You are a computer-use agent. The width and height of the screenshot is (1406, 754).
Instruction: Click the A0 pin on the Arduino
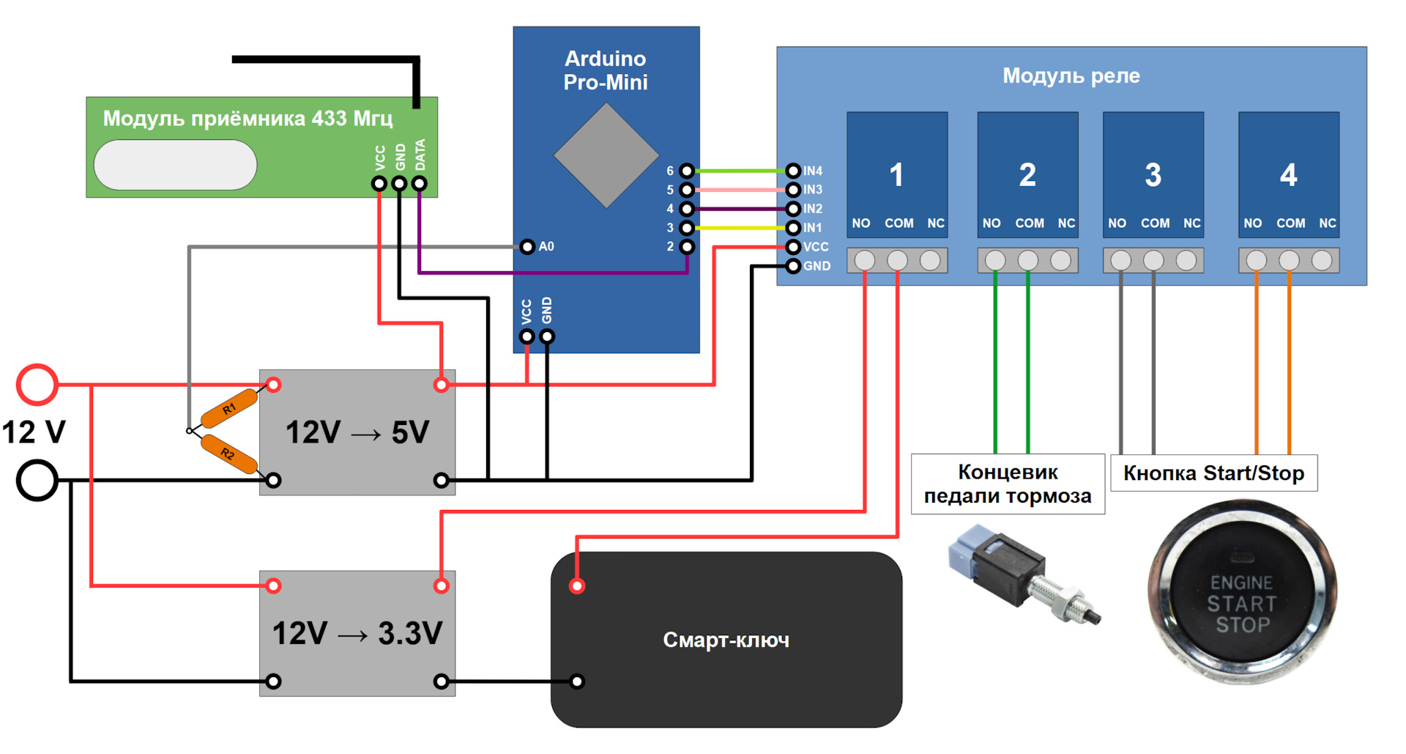pos(527,247)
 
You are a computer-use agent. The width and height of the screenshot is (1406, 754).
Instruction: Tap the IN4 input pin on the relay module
pos(793,171)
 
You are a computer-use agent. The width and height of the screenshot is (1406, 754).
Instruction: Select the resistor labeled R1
pos(229,408)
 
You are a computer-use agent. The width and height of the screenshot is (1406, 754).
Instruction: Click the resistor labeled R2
pos(228,454)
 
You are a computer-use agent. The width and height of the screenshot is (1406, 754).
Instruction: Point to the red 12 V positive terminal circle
pos(37,384)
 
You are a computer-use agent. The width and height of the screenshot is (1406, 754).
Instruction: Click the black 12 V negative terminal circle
pos(37,481)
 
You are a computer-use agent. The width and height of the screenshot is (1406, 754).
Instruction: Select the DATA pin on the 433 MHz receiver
pos(420,183)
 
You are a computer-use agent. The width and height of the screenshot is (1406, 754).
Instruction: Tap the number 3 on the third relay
pos(1153,175)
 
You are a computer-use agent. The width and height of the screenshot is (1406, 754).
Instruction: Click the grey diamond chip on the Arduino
pos(606,155)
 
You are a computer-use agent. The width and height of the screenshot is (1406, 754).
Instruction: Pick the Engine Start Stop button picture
pos(1242,592)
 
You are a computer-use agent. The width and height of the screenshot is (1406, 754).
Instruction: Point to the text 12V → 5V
pos(357,432)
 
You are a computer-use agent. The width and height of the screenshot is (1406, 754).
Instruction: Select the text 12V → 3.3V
pos(357,633)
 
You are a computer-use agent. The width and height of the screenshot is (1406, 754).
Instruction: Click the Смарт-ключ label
pos(726,640)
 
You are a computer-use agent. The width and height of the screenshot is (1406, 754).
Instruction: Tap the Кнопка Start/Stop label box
pos(1213,473)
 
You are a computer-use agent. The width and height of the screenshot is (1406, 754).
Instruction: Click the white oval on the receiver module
pos(175,165)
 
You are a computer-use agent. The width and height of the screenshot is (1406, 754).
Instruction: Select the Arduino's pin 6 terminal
pos(686,171)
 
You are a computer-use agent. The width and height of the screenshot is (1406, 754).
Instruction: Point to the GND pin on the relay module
pos(793,266)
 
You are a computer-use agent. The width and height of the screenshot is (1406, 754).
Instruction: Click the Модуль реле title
pos(1071,75)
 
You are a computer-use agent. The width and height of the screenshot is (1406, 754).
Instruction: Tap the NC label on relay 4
pos(1327,223)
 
